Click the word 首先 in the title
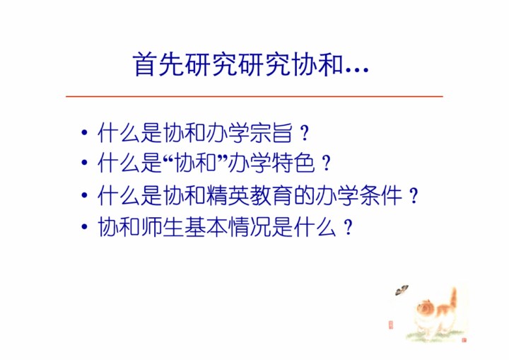158,64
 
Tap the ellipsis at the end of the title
357,69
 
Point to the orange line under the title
255,96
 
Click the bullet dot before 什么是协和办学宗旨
84,132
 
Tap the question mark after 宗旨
305,134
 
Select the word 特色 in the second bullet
293,163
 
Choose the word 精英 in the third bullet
227,195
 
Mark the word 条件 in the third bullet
380,195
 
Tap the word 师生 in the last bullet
162,226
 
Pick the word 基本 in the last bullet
206,226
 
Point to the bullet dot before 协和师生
84,226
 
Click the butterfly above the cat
402,290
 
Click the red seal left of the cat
390,325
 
